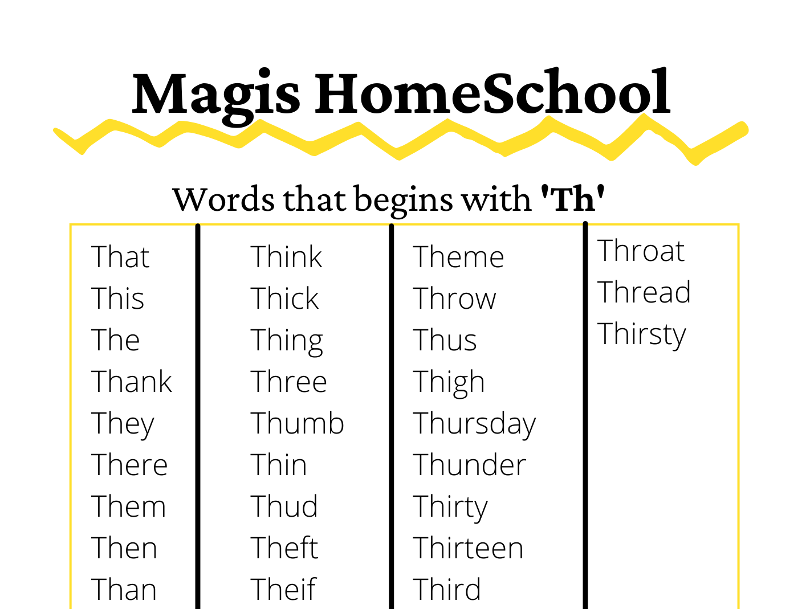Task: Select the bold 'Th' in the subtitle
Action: [572, 199]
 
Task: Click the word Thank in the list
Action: [132, 382]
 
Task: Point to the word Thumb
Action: [297, 423]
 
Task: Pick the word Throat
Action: [641, 251]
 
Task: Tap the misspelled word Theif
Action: [283, 589]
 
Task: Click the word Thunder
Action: [469, 465]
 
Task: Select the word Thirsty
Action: [642, 334]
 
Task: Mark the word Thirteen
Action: [468, 548]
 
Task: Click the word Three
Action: [289, 382]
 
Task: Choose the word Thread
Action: [644, 292]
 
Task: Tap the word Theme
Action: [458, 257]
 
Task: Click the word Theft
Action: [284, 548]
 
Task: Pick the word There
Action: [129, 465]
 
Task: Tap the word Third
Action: [447, 589]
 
